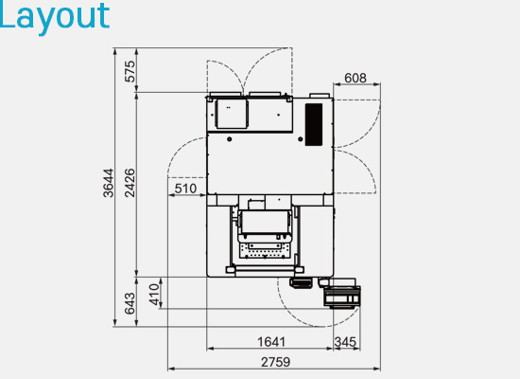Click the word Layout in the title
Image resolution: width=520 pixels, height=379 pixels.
(54, 17)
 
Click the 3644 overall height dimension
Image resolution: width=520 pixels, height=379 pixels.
(109, 183)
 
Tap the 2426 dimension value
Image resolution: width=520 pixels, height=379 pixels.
(130, 183)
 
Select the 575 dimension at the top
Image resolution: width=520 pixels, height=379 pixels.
(130, 71)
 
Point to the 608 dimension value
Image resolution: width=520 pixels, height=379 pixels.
(355, 78)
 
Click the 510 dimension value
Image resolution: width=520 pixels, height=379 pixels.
(185, 189)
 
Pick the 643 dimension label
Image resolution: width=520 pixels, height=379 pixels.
(130, 303)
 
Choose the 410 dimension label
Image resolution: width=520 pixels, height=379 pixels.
(154, 295)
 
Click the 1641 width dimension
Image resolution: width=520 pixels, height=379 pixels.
(271, 342)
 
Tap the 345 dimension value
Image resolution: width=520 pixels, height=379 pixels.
(345, 342)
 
